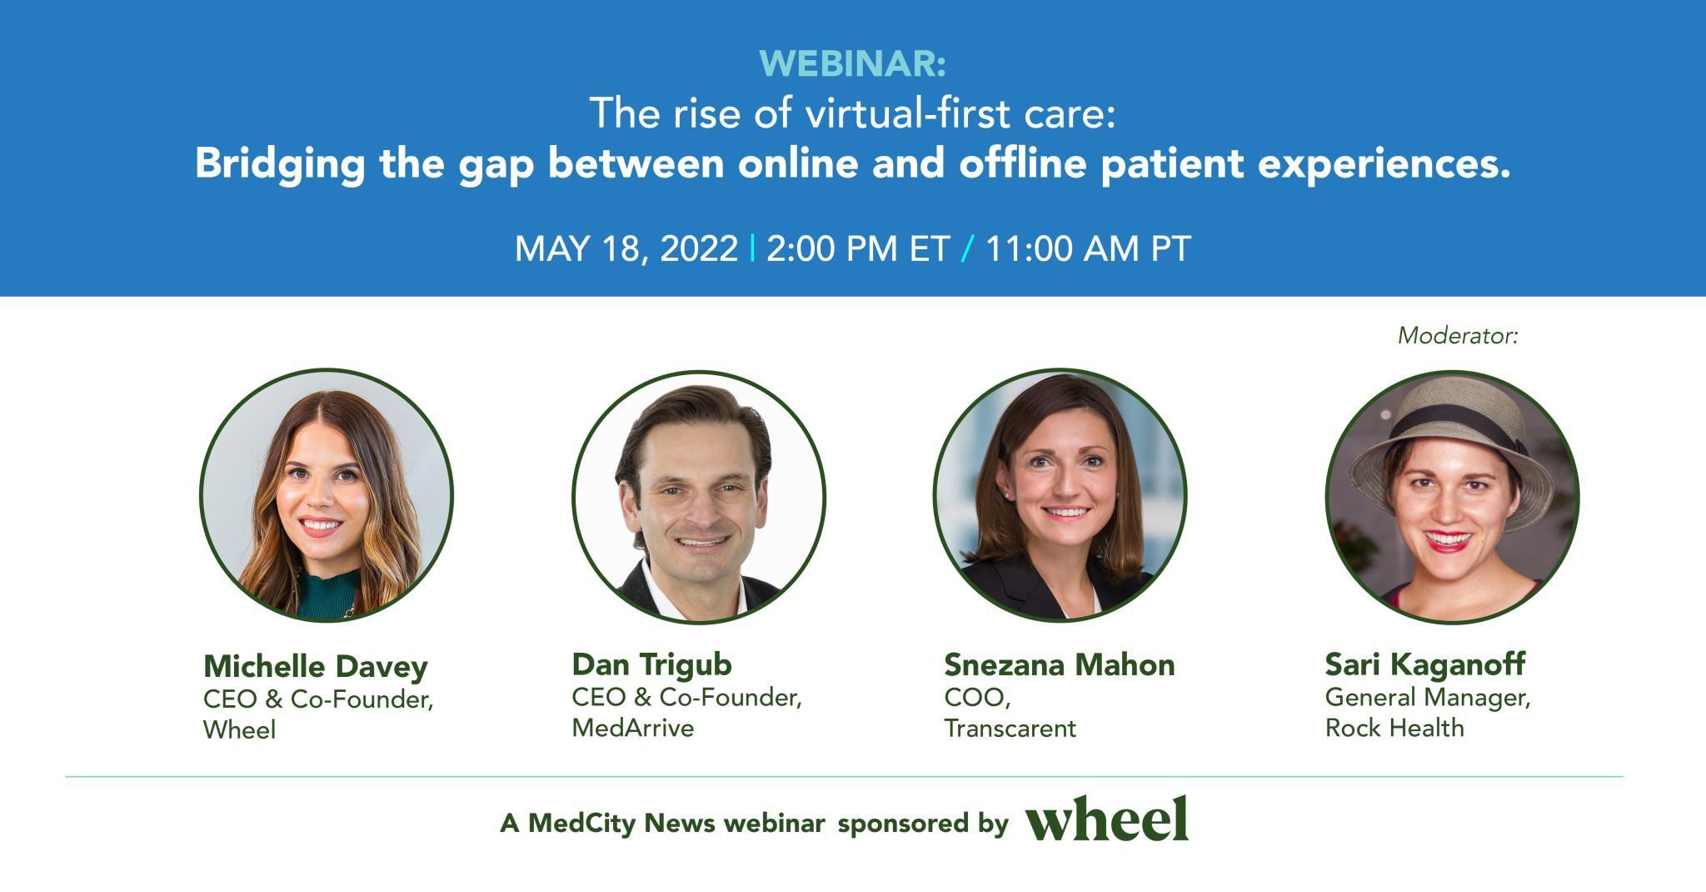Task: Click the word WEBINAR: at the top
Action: click(x=852, y=64)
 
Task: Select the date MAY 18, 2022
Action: click(x=626, y=248)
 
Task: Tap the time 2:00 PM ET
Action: click(x=858, y=248)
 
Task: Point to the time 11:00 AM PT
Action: click(x=1088, y=248)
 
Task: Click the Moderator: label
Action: click(x=1458, y=335)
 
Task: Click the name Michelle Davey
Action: click(x=315, y=666)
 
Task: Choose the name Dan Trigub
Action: click(x=651, y=664)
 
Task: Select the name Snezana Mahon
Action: click(x=1059, y=664)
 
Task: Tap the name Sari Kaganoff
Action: click(x=1424, y=664)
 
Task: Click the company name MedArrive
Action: click(x=632, y=728)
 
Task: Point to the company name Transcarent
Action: click(x=1010, y=728)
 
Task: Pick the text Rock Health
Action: click(x=1394, y=728)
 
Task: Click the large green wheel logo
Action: click(x=1106, y=819)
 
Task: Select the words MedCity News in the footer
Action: click(x=621, y=824)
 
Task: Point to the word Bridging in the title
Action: click(x=280, y=163)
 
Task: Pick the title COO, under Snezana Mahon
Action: click(x=976, y=697)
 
